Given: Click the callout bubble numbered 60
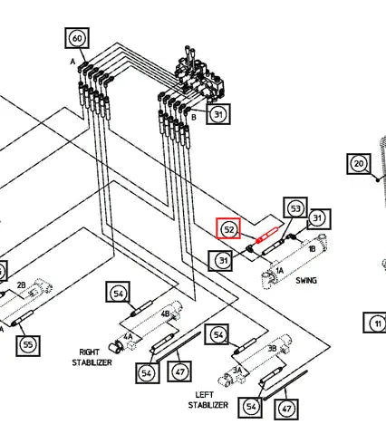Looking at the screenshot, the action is tap(77, 38).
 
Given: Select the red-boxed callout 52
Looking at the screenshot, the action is tap(228, 229).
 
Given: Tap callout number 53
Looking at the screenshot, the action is tap(295, 208).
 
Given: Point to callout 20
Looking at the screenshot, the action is tap(359, 164).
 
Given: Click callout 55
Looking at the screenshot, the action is tap(28, 345).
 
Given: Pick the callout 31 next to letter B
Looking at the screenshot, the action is tap(218, 114).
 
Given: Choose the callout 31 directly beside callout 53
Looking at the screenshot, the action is tap(319, 218).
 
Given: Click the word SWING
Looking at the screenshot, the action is tap(306, 281).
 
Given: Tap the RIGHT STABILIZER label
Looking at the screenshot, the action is tap(92, 357).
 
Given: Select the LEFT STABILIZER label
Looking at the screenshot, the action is tap(207, 400).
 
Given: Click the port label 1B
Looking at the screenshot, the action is tap(312, 248).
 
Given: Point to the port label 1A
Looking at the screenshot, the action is tap(280, 270).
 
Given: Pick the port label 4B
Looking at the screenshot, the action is tap(165, 314).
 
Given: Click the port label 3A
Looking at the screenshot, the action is tap(237, 370).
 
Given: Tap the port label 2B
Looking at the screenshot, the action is tap(21, 285).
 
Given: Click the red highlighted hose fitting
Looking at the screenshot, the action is tap(266, 235).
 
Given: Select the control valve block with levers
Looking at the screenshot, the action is tap(198, 76).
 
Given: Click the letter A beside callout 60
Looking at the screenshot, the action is tap(72, 62).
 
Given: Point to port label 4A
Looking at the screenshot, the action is tap(128, 336).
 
